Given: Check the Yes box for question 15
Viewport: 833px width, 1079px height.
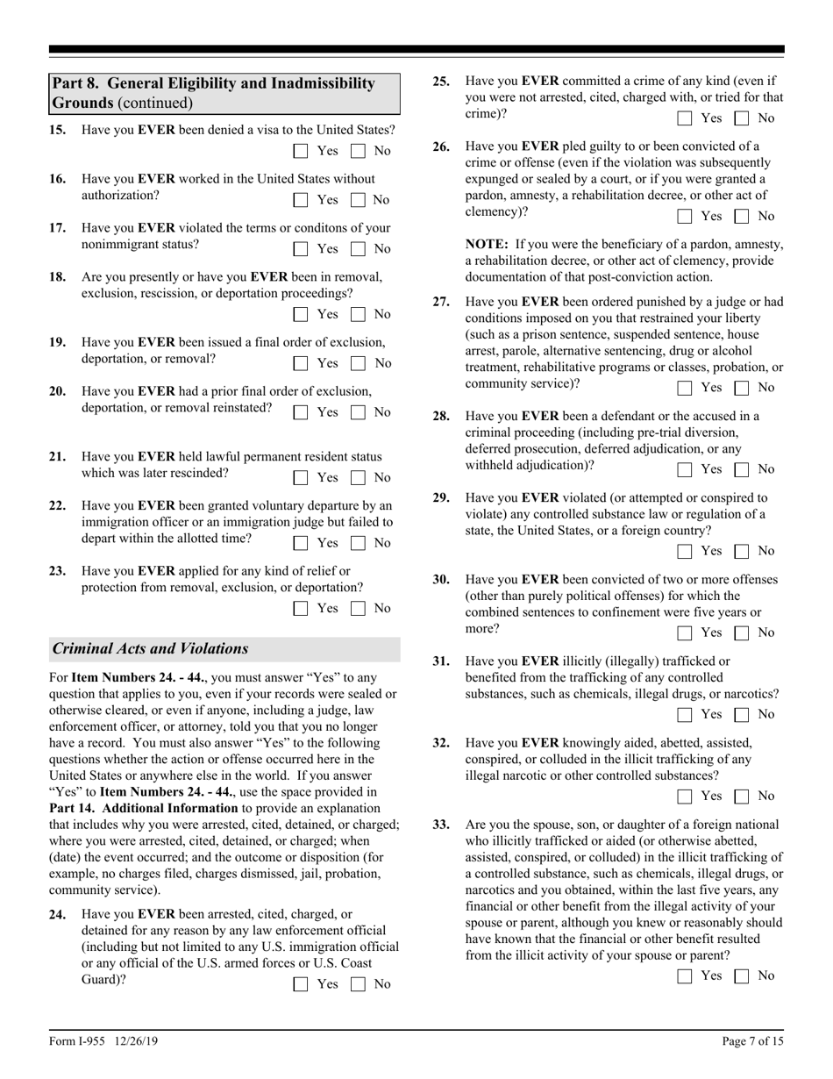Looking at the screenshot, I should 301,151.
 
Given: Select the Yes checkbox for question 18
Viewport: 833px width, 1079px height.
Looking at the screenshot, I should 301,314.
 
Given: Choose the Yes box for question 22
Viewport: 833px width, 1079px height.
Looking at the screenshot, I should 301,543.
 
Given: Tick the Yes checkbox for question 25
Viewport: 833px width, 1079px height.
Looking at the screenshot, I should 685,118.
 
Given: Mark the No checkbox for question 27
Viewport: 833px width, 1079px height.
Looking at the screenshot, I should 742,388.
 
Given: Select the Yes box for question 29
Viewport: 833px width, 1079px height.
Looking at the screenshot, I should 685,552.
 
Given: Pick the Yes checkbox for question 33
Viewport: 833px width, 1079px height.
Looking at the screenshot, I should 685,976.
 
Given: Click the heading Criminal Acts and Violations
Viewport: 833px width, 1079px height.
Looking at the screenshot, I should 150,649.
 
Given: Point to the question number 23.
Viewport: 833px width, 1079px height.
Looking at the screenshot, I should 57,571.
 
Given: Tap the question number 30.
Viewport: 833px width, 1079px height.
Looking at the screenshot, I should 441,580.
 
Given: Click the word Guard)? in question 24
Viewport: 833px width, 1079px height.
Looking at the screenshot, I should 103,981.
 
